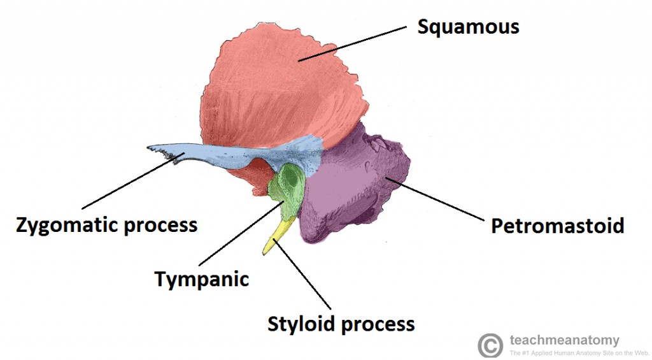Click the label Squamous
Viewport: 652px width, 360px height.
[468, 27]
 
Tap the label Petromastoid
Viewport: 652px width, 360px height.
[557, 226]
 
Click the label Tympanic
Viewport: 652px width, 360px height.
[202, 278]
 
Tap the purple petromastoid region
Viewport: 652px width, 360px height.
[357, 191]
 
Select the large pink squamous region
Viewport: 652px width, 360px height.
[280, 89]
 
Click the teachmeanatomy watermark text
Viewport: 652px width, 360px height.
[564, 340]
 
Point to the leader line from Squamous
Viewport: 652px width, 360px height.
[353, 43]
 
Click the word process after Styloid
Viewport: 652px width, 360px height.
[379, 324]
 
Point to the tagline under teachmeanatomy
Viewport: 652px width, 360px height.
[578, 352]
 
